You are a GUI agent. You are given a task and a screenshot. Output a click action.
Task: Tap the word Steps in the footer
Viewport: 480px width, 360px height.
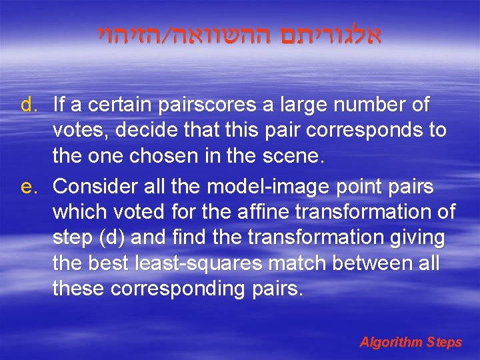pos(445,342)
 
